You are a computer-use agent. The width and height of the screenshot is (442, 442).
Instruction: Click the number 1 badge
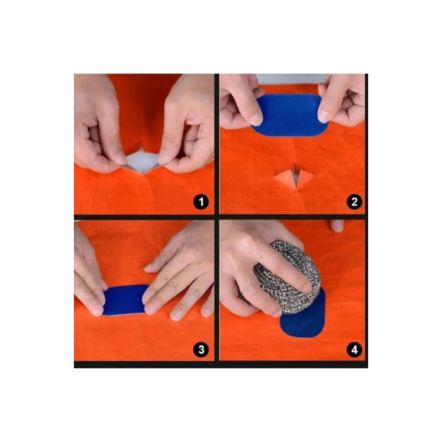click(x=201, y=202)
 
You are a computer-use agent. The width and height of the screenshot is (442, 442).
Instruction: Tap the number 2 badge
click(x=354, y=202)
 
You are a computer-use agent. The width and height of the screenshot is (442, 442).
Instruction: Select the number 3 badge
click(x=201, y=349)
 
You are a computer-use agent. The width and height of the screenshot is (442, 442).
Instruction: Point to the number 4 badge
click(x=354, y=349)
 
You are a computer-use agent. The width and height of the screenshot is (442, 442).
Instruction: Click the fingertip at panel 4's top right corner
click(x=337, y=225)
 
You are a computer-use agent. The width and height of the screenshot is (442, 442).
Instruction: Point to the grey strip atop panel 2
click(x=290, y=79)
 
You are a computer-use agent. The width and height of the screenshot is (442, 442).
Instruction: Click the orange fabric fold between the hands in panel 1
click(x=143, y=107)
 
